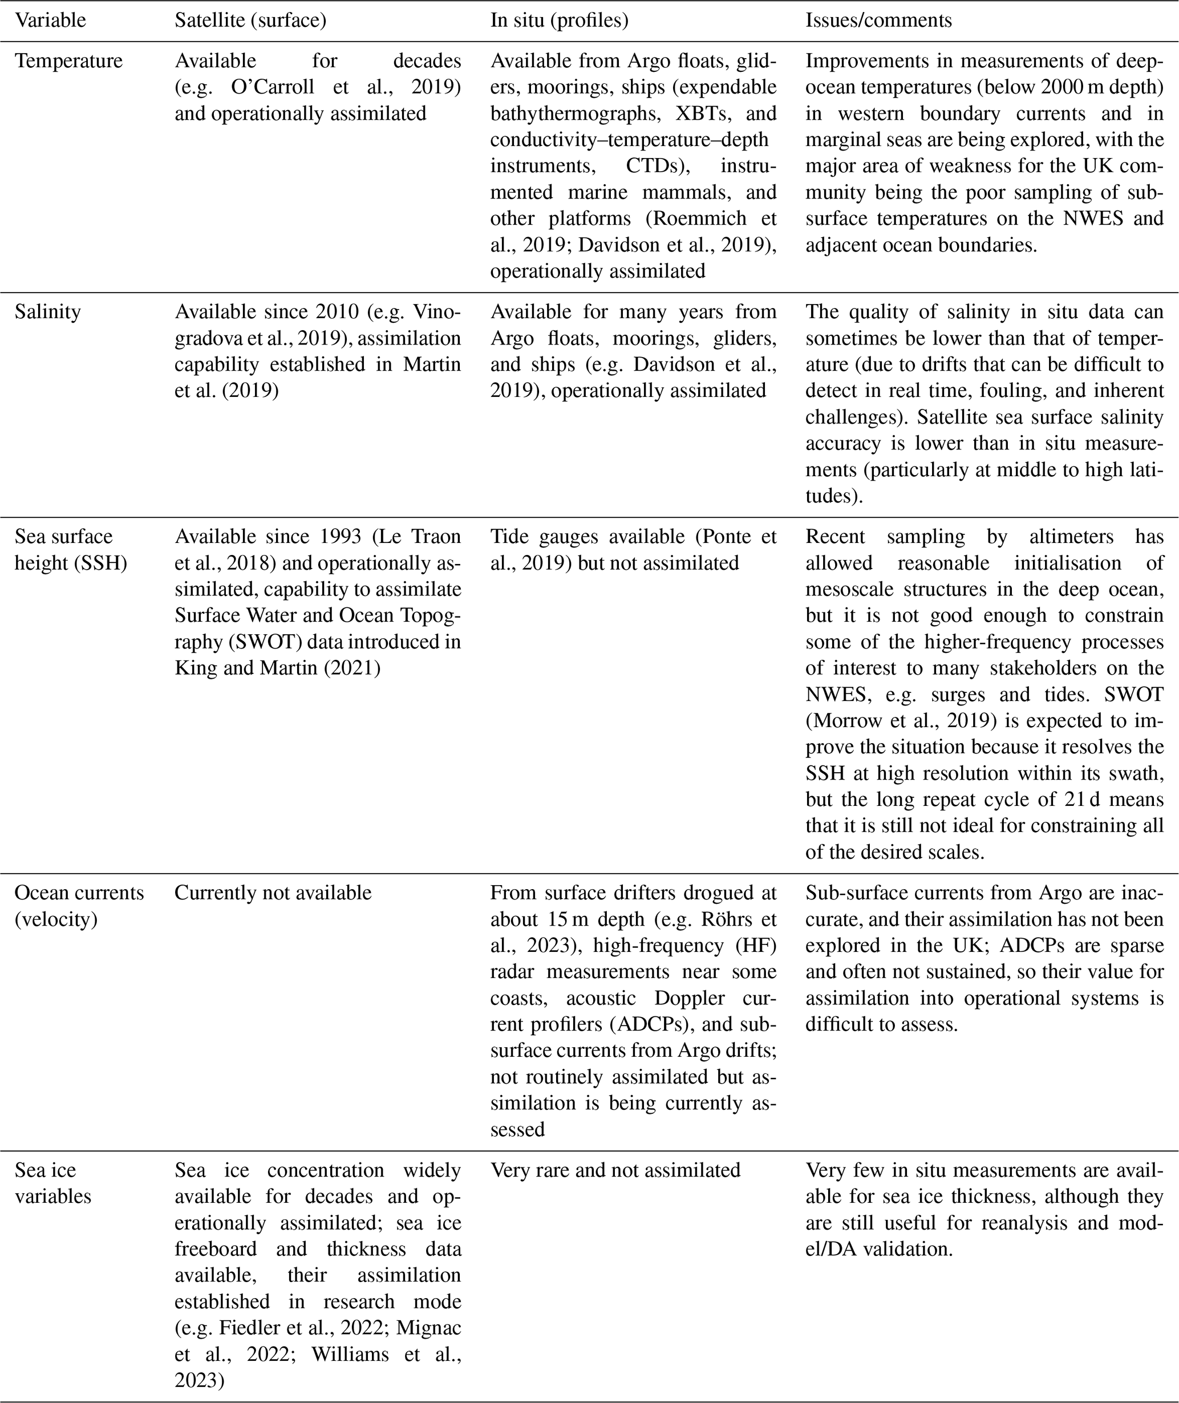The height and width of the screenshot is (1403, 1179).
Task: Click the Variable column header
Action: pos(50,20)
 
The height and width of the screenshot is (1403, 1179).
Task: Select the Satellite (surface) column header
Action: pos(250,20)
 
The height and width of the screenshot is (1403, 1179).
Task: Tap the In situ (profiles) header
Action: pos(560,20)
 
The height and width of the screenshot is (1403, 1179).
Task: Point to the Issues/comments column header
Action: pos(878,20)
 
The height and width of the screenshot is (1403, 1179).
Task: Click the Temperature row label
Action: pos(69,61)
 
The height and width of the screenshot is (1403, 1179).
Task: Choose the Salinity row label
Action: pos(47,311)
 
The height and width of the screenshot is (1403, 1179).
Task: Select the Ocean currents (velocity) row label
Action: pos(79,905)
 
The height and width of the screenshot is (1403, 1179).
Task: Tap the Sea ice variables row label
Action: pos(53,1182)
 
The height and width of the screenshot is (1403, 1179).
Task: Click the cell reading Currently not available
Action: pos(273,893)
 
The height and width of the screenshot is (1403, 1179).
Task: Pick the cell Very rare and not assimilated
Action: pos(615,1170)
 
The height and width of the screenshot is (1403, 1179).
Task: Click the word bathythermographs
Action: pos(574,113)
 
